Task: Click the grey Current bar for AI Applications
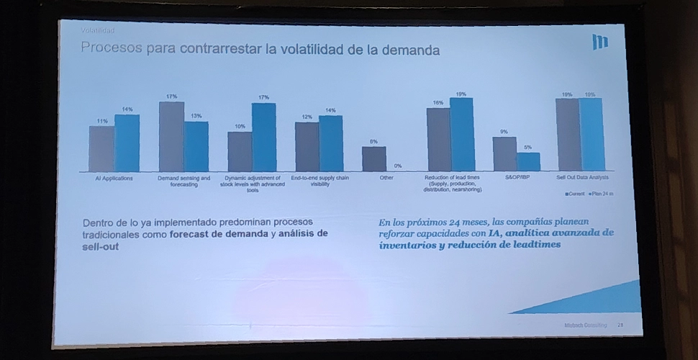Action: point(101,148)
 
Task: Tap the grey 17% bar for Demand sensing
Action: point(171,136)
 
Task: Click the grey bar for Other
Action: point(373,158)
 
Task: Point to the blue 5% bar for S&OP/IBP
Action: point(527,161)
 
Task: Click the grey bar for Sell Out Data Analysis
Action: point(567,135)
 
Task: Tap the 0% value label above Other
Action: point(398,166)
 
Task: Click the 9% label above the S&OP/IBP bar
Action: point(504,132)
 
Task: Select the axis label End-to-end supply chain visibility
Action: point(319,181)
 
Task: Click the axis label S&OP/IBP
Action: point(516,178)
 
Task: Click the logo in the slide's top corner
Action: point(599,42)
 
